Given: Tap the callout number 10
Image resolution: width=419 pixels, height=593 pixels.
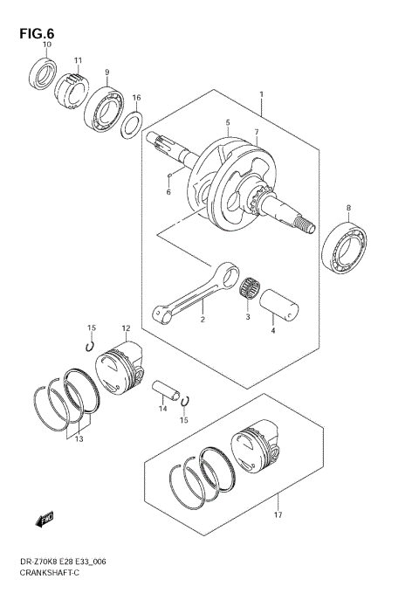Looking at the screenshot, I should coord(48,45).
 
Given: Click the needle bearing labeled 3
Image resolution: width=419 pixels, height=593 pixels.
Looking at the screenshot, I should coord(250,291).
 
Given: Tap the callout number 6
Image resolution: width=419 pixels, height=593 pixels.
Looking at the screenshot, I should coord(168,193).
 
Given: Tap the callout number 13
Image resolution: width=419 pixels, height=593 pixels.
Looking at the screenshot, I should coord(79,440).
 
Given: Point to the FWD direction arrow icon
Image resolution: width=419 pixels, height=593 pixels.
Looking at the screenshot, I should coord(45,520).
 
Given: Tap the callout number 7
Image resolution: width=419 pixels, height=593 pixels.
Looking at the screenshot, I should coord(257,133).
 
